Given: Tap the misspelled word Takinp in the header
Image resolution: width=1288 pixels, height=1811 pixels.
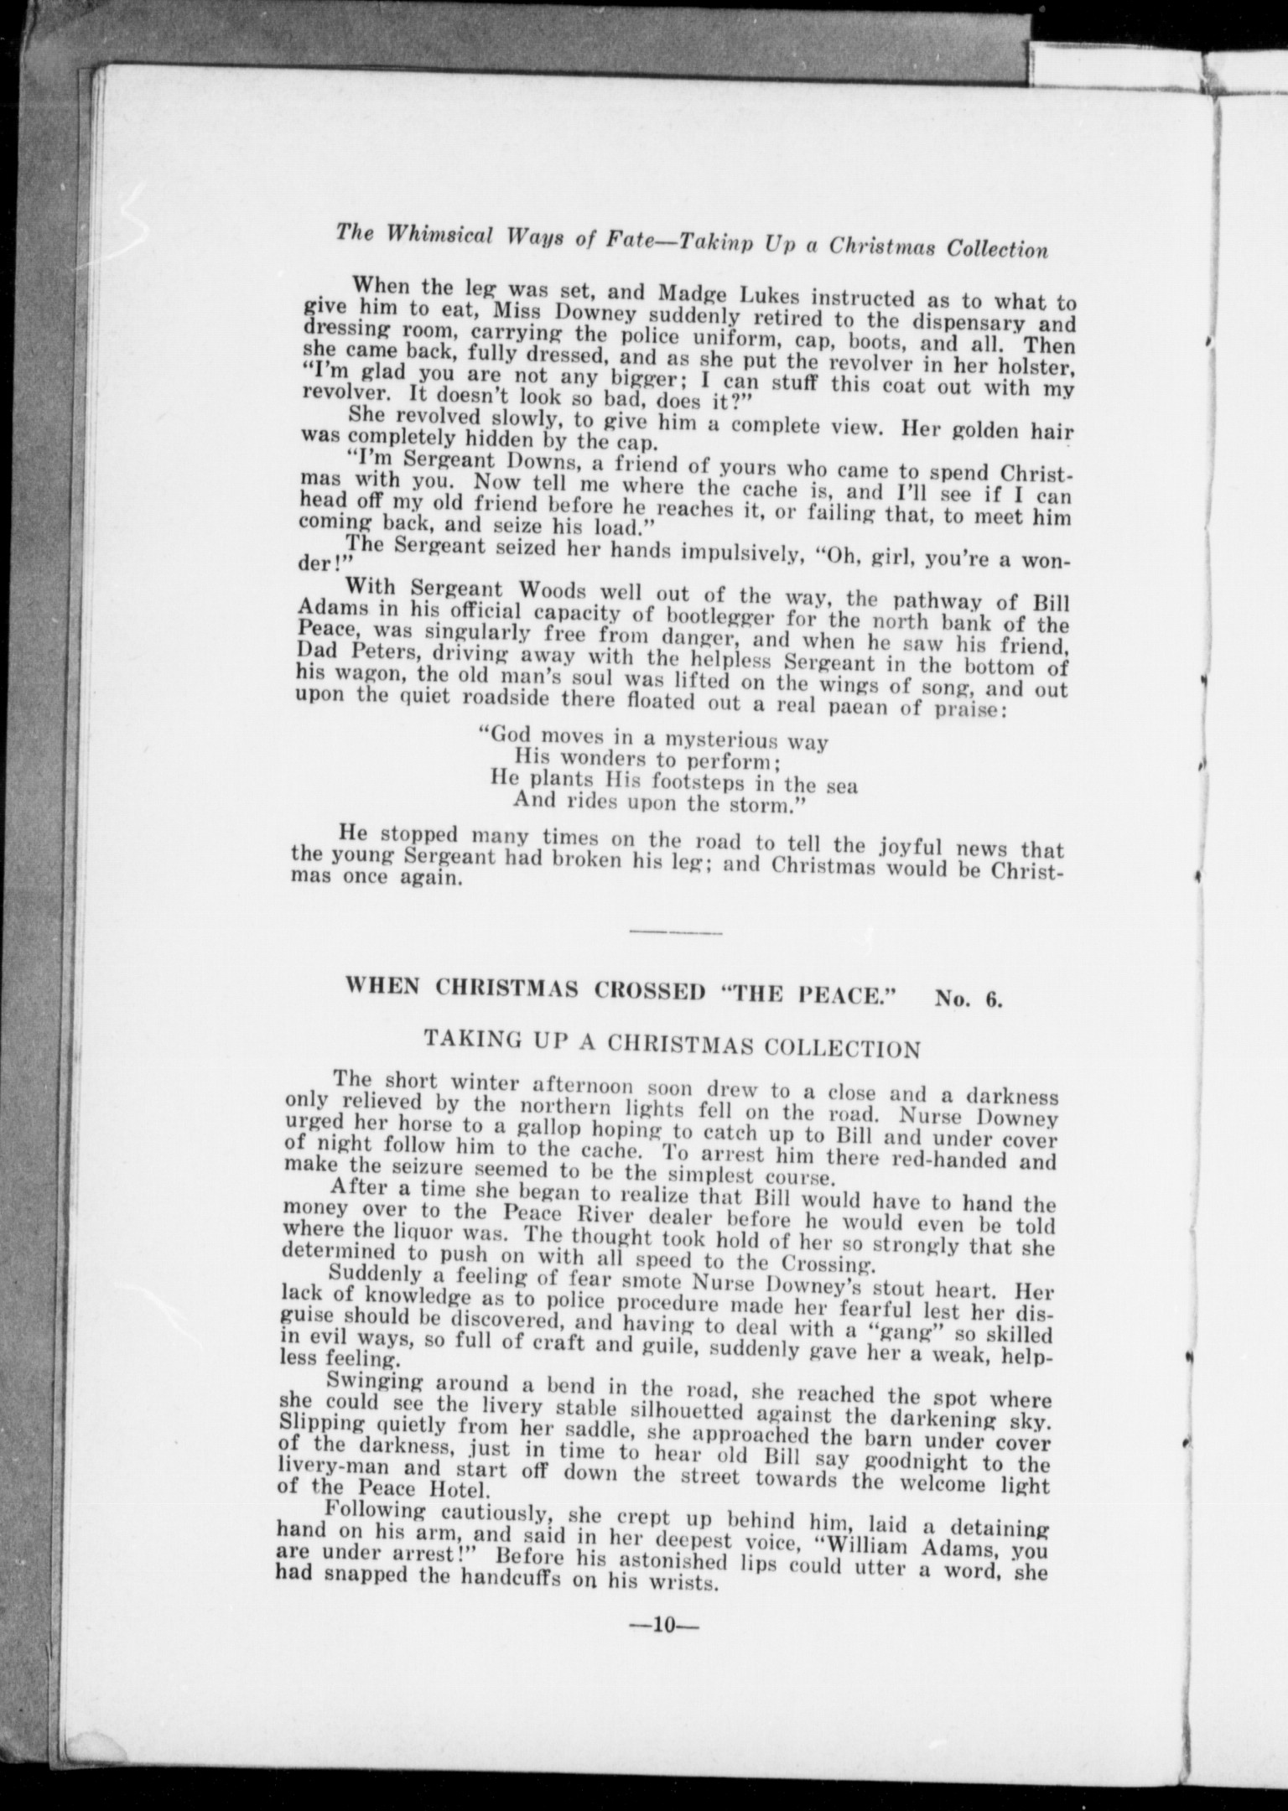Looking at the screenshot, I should click(x=715, y=242).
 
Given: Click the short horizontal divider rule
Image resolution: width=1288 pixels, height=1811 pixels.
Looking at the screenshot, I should click(x=674, y=931).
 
